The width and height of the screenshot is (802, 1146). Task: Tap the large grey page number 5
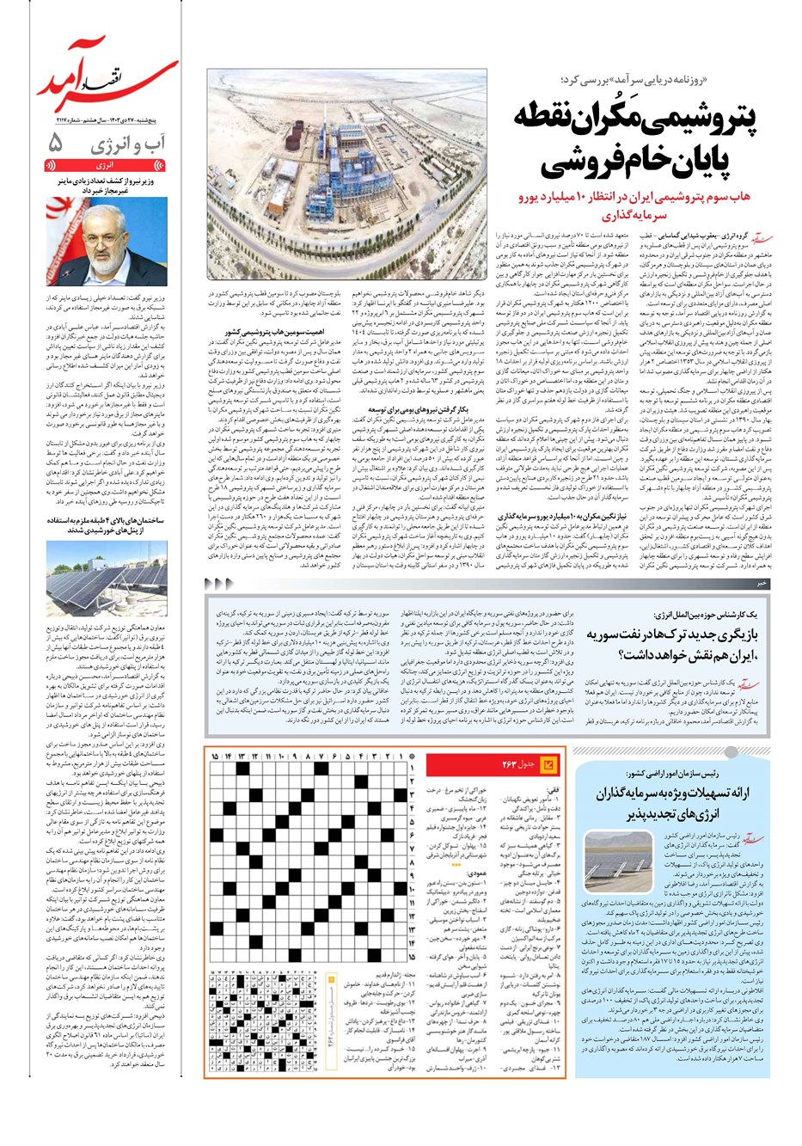click(56, 144)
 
